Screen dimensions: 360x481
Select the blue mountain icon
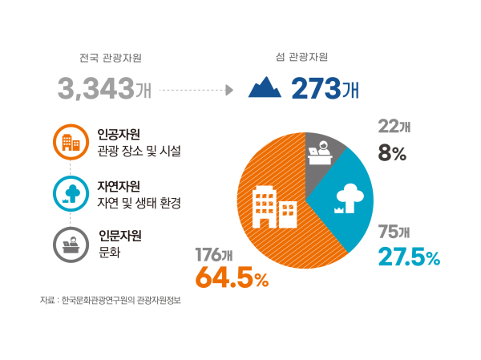265,87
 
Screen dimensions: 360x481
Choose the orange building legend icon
71,144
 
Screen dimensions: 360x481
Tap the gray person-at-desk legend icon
71,243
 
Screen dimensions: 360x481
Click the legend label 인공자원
119,134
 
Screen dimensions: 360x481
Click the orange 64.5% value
232,279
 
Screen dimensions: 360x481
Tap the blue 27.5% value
409,257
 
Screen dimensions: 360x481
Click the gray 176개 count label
214,255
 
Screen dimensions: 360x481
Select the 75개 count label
394,233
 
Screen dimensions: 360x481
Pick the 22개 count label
394,127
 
